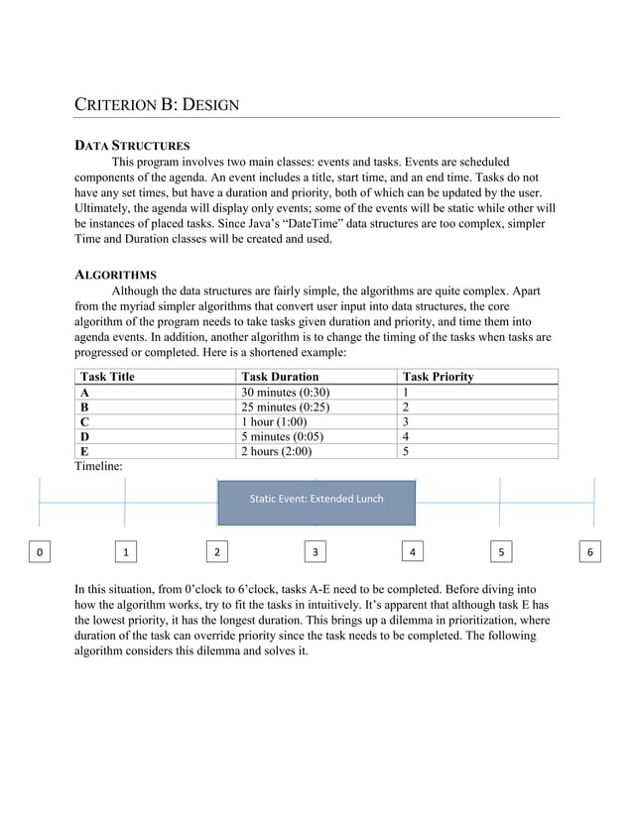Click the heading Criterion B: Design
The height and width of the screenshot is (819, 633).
click(x=157, y=104)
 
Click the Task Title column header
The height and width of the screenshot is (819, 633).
click(x=107, y=377)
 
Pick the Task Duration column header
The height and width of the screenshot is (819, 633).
click(x=281, y=377)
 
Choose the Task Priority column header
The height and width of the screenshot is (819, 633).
click(x=438, y=377)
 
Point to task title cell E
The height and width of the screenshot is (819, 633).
click(x=84, y=451)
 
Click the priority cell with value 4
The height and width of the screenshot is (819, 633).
click(x=405, y=436)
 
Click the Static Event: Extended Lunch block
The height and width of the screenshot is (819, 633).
click(x=316, y=499)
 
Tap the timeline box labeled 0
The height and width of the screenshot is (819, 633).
click(x=39, y=550)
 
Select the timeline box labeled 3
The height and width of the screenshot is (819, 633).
click(x=315, y=550)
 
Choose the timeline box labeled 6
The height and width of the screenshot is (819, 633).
click(x=591, y=550)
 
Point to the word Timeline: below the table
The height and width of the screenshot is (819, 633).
click(x=99, y=466)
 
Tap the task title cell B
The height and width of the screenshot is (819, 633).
click(x=84, y=407)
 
